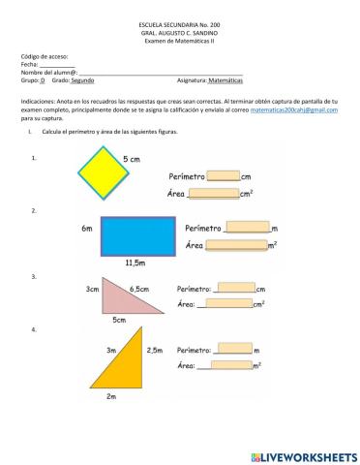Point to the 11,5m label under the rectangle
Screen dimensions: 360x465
(135, 263)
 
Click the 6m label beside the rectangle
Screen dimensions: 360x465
(87, 229)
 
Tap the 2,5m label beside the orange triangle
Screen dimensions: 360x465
(154, 351)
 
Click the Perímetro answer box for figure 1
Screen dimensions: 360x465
(223, 176)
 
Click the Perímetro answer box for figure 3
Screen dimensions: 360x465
(234, 288)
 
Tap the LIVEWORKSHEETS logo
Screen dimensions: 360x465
(296, 454)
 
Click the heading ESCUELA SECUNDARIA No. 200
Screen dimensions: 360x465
(179, 23)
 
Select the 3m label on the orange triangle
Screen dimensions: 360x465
(111, 351)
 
